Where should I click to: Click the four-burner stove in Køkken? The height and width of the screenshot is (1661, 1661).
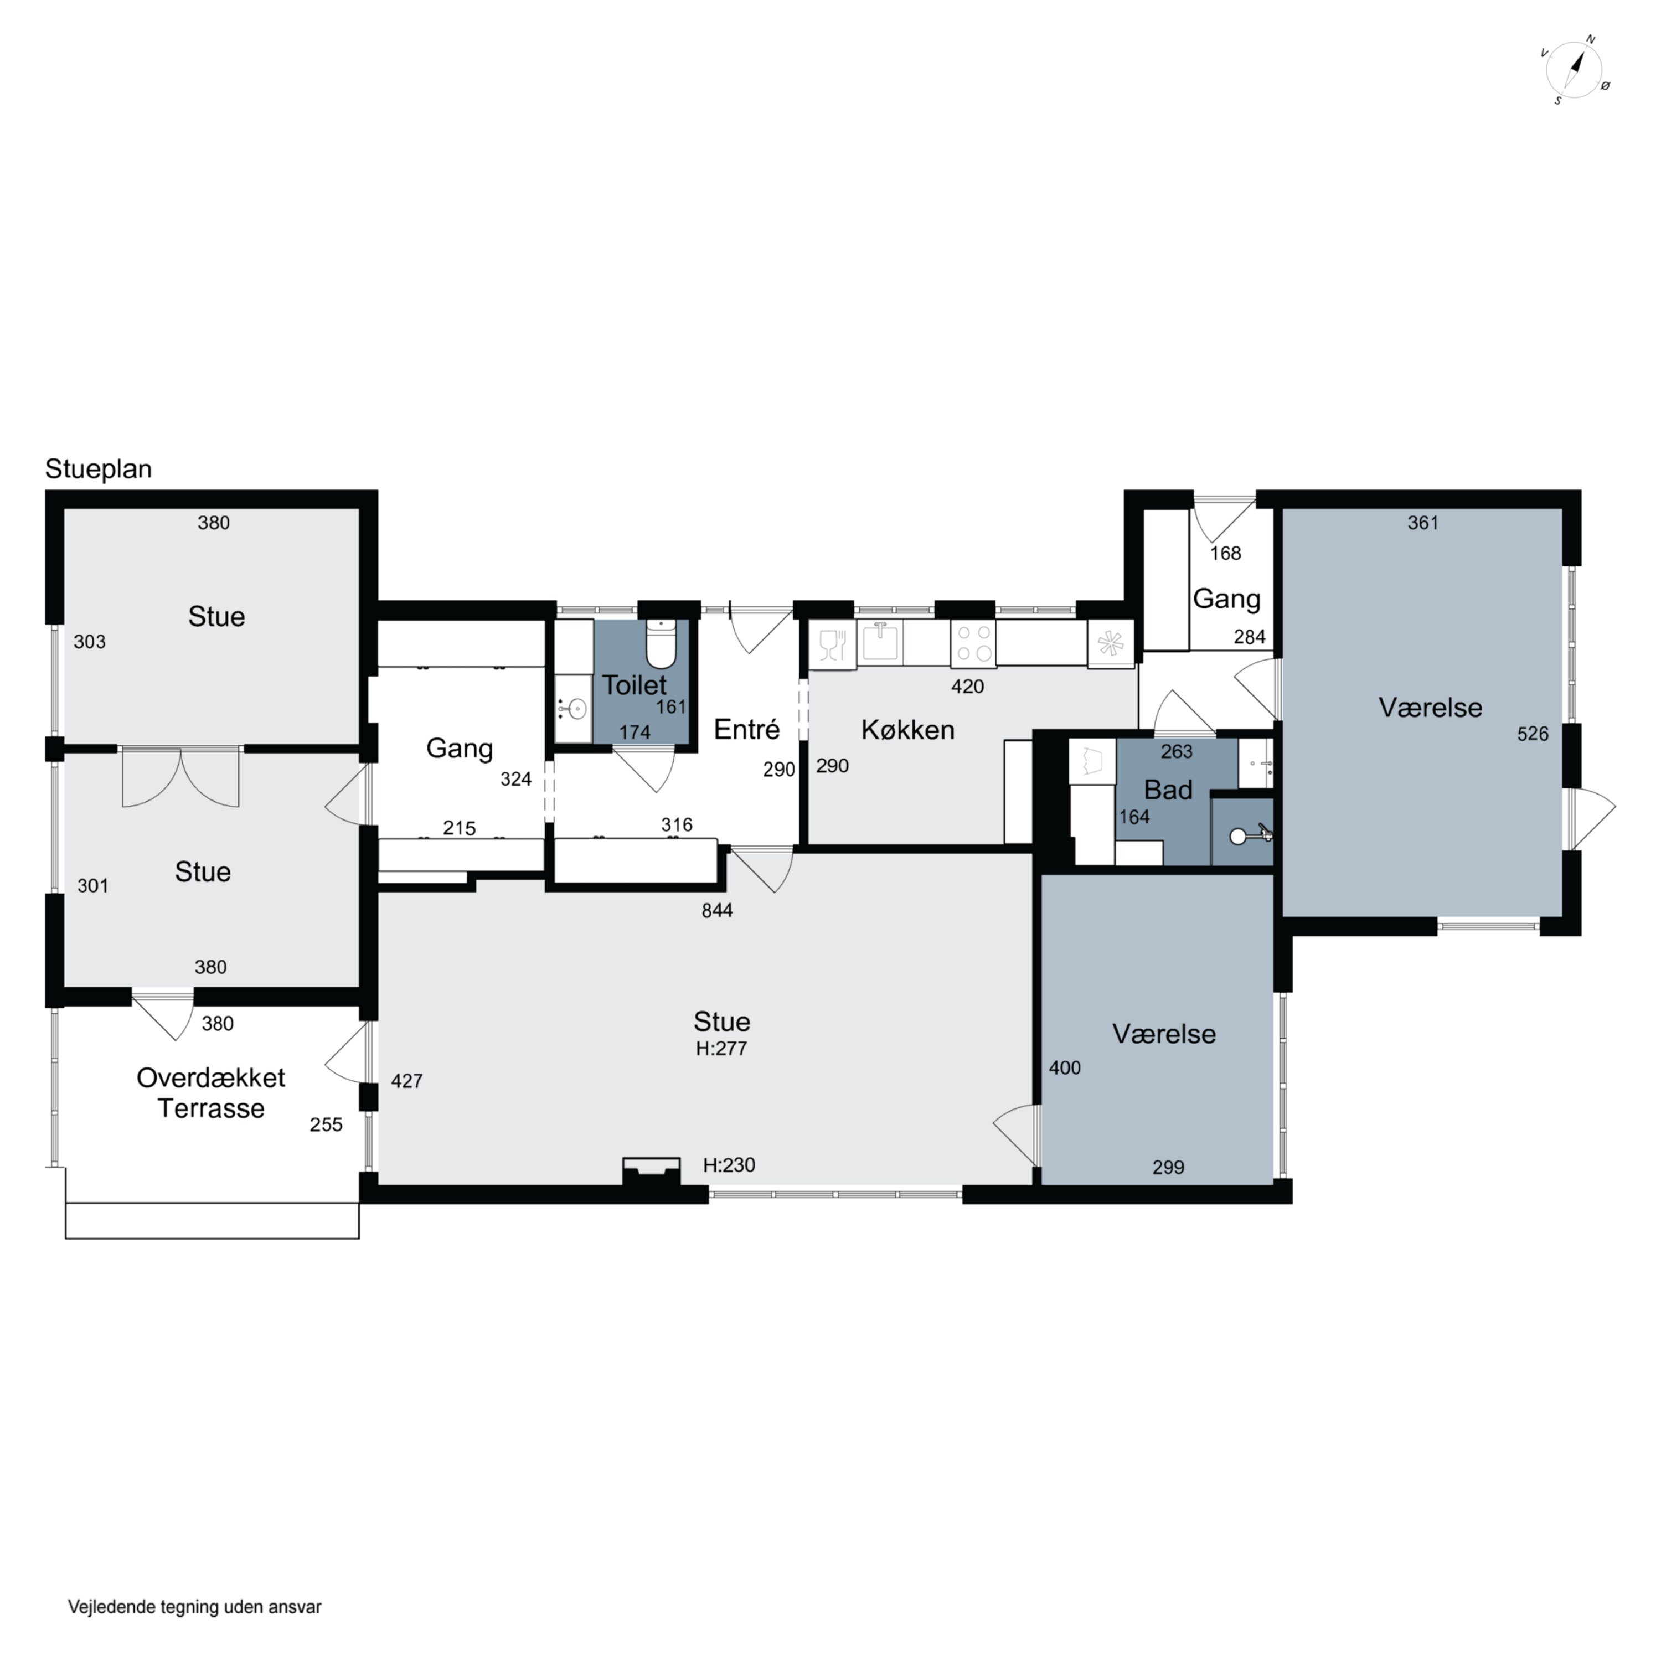(973, 643)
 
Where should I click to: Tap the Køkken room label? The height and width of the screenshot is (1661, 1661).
(908, 730)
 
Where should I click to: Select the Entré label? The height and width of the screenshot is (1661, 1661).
(746, 729)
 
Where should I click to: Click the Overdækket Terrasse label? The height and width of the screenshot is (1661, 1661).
(210, 1093)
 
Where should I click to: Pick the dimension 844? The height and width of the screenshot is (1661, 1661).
(717, 910)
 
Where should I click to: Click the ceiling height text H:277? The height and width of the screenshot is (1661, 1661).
(721, 1048)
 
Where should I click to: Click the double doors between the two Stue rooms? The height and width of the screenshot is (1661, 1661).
(180, 776)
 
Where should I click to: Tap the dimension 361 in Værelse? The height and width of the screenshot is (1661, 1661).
(1423, 523)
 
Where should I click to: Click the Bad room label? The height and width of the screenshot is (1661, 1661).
(1168, 789)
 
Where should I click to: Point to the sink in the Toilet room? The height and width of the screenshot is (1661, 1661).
(574, 709)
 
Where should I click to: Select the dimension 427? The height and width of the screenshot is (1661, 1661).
(406, 1081)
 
